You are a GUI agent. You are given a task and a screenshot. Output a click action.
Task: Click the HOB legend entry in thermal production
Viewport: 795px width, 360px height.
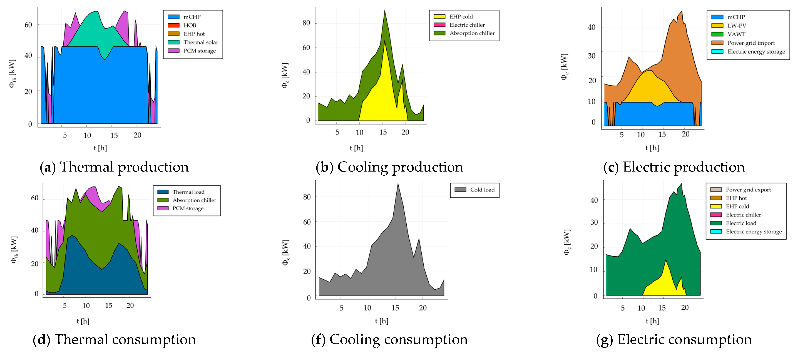click(x=190, y=25)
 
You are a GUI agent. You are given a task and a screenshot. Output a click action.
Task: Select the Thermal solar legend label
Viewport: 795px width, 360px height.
click(x=201, y=42)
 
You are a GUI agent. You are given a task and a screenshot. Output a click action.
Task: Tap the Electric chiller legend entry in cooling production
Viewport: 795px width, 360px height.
click(x=467, y=25)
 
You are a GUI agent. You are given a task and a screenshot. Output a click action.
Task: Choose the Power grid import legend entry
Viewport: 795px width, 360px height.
click(x=751, y=43)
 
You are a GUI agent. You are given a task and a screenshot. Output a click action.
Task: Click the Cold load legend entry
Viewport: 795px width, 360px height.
click(x=482, y=190)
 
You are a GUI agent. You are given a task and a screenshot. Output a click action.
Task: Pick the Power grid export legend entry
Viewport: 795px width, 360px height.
click(x=748, y=190)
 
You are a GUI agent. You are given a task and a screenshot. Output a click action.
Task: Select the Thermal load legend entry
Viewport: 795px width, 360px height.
click(x=188, y=192)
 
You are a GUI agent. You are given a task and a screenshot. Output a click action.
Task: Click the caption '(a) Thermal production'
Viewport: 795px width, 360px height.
click(x=114, y=167)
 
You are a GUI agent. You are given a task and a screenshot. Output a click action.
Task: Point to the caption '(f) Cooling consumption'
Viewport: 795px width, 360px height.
click(x=390, y=340)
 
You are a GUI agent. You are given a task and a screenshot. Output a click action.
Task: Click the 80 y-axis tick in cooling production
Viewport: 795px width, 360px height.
click(x=306, y=23)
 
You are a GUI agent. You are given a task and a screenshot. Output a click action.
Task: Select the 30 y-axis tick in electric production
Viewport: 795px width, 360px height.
click(x=591, y=56)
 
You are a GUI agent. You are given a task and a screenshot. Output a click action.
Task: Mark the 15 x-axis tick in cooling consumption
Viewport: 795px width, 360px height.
click(x=395, y=308)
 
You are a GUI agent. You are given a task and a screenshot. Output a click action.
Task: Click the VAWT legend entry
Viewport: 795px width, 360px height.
click(x=736, y=34)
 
